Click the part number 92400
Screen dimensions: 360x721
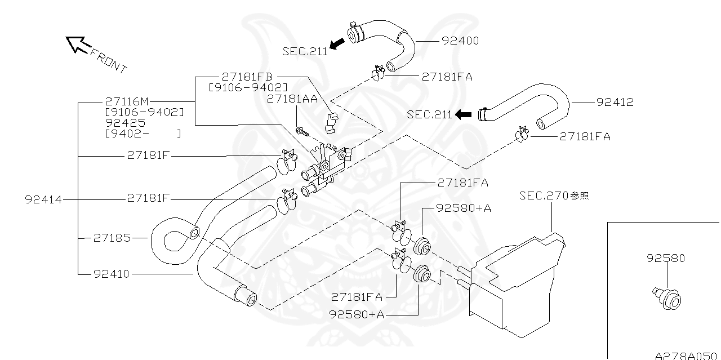[460, 41]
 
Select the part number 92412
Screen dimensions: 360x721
[615, 103]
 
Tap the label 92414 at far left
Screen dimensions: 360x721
[43, 199]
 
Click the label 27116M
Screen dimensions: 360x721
[127, 102]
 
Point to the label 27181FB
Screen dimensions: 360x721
[247, 77]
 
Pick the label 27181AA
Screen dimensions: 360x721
[292, 98]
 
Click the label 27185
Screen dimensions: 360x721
[112, 238]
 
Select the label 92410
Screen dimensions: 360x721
[112, 274]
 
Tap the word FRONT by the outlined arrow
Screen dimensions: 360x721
[108, 60]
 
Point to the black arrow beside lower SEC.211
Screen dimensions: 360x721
[463, 114]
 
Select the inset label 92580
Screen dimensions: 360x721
[666, 259]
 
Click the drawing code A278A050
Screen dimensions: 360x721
[687, 355]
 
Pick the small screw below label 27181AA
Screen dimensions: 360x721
[304, 133]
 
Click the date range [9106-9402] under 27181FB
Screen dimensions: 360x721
[247, 87]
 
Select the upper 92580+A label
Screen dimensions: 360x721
[464, 208]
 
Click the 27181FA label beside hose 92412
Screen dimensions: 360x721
[585, 136]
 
